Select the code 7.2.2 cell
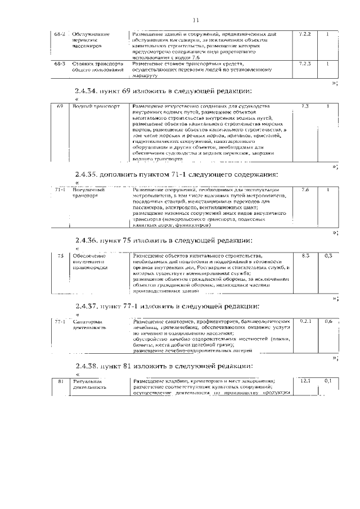[305, 34]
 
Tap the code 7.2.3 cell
[305, 64]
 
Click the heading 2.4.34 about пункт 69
[163, 92]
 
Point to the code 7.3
[305, 106]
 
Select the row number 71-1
[61, 190]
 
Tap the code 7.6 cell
[305, 190]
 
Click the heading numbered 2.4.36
[163, 241]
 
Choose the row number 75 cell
[60, 256]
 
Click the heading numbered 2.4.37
[167, 307]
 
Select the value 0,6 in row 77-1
[328, 322]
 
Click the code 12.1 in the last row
[305, 381]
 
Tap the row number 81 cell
[60, 382]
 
